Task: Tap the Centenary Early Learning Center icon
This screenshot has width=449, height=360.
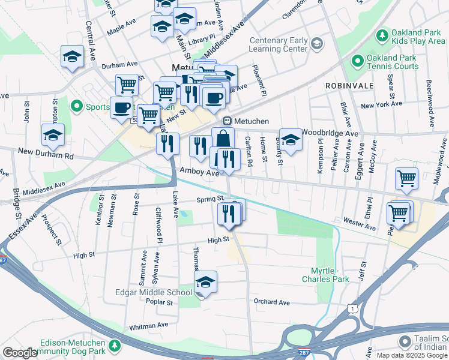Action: (316, 44)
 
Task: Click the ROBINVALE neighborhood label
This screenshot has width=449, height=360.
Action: (349, 86)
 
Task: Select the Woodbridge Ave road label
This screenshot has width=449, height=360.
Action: (330, 133)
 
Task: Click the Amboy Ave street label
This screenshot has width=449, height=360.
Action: (199, 172)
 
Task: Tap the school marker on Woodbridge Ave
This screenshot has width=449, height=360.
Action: (291, 140)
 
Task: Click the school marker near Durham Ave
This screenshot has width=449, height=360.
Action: (73, 57)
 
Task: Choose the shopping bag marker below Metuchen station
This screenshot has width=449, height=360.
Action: (223, 139)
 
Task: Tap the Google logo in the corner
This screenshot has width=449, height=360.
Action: (20, 353)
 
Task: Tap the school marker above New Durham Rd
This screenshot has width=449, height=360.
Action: (53, 135)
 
